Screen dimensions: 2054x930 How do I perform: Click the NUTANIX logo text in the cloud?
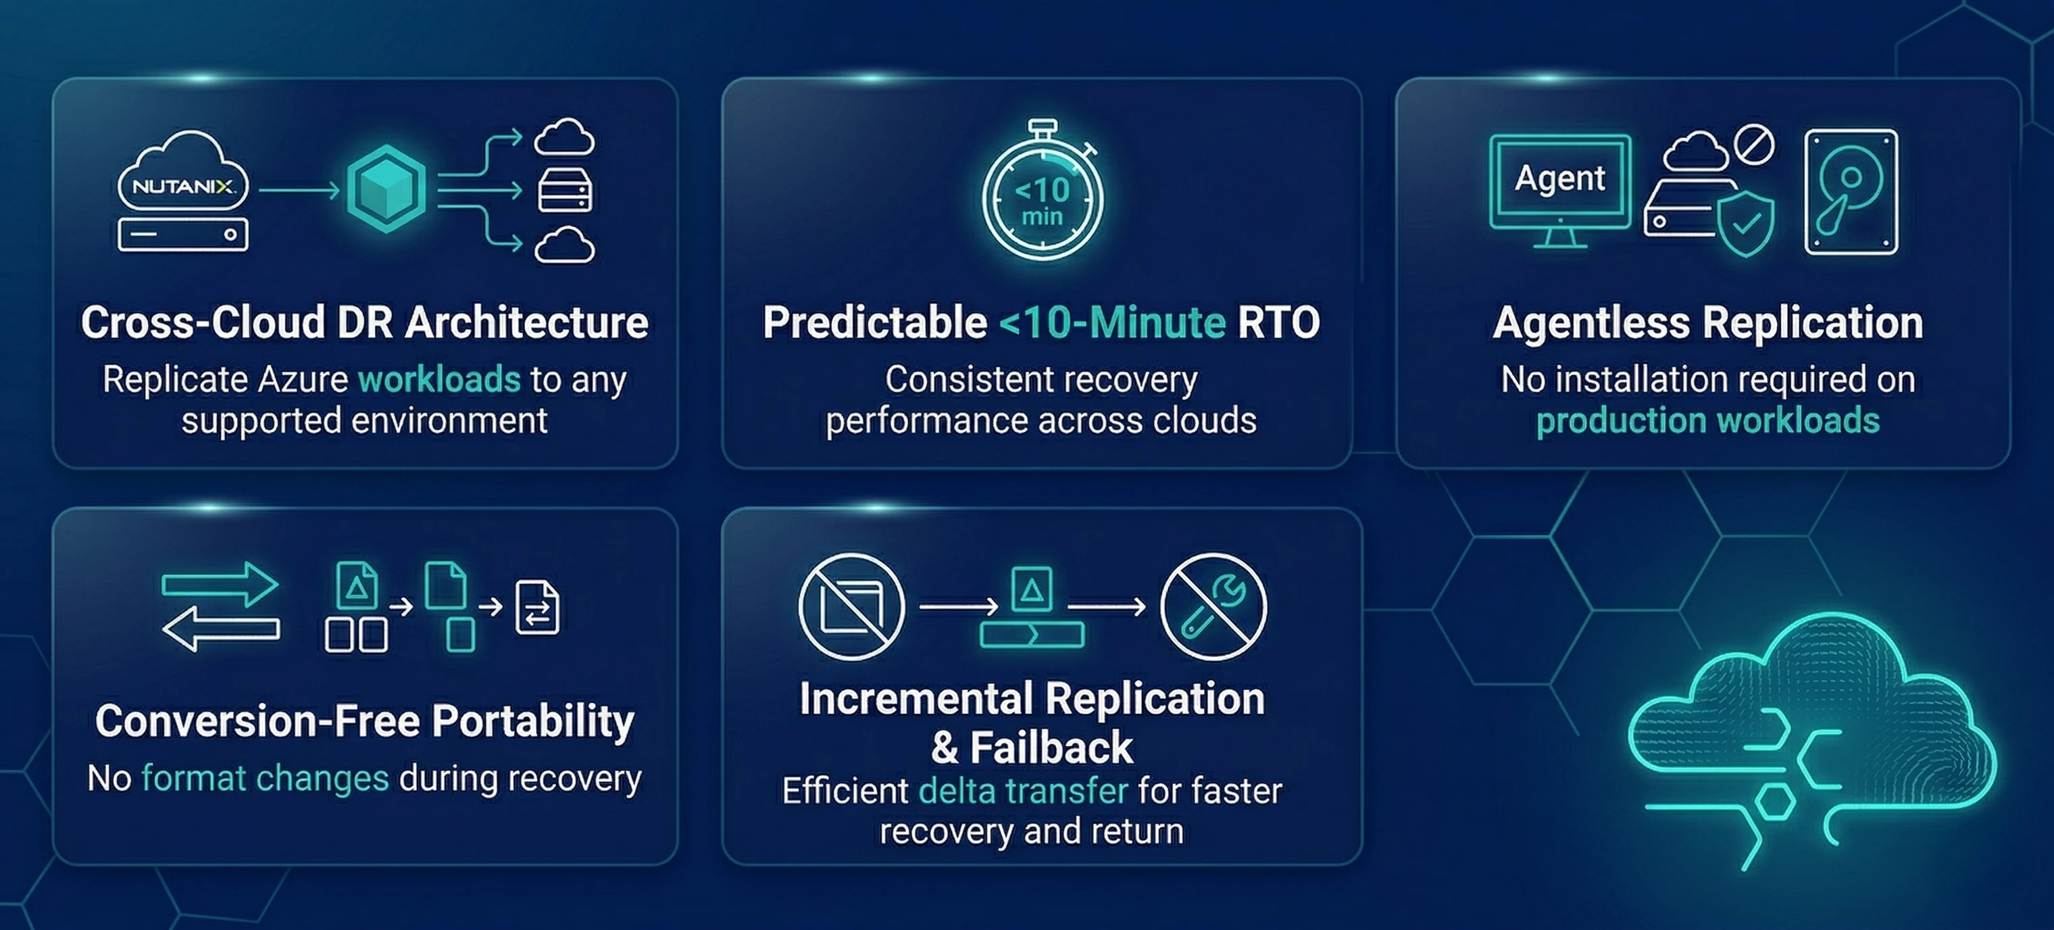(x=183, y=187)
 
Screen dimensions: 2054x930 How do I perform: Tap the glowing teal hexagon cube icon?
(x=386, y=189)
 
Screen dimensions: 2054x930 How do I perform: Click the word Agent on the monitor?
(x=1559, y=178)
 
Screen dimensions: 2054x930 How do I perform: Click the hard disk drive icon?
(x=1851, y=192)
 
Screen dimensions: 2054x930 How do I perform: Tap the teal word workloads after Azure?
(x=439, y=379)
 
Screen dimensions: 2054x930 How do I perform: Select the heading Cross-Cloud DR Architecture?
(x=364, y=322)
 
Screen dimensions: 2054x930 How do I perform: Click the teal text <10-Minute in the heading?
(x=1112, y=322)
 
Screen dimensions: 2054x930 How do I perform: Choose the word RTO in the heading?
(x=1278, y=322)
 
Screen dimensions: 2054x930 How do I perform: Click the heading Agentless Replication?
(x=1708, y=322)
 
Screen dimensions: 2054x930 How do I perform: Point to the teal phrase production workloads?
(x=1708, y=420)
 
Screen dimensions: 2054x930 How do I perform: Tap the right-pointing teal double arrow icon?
(x=220, y=585)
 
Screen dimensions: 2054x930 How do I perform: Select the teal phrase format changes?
(x=265, y=778)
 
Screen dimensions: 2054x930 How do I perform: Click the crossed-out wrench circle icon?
(x=1213, y=607)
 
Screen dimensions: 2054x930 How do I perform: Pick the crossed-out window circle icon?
(x=851, y=607)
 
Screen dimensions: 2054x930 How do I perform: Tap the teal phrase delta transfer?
(x=1023, y=790)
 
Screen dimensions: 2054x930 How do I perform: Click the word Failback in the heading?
(x=1051, y=748)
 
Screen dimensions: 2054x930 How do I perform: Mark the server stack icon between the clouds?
(x=566, y=190)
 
